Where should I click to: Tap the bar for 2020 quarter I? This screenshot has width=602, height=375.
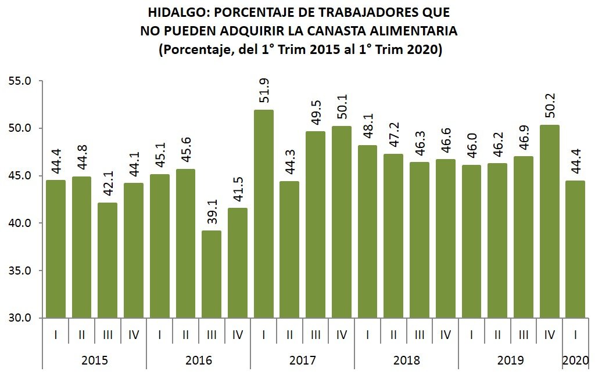click(x=575, y=249)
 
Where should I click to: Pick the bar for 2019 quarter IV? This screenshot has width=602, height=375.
click(x=549, y=221)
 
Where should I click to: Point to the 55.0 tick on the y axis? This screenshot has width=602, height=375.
click(x=20, y=81)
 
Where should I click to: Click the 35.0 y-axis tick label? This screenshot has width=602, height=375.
click(x=20, y=271)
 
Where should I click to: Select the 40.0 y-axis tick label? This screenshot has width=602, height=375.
click(x=20, y=223)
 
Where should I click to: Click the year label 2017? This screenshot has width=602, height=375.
click(x=302, y=360)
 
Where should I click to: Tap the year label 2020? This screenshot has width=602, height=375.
click(x=575, y=360)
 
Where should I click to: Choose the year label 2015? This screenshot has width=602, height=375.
click(x=94, y=360)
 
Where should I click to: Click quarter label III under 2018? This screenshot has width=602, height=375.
click(x=420, y=335)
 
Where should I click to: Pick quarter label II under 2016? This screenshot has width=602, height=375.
click(x=186, y=335)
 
